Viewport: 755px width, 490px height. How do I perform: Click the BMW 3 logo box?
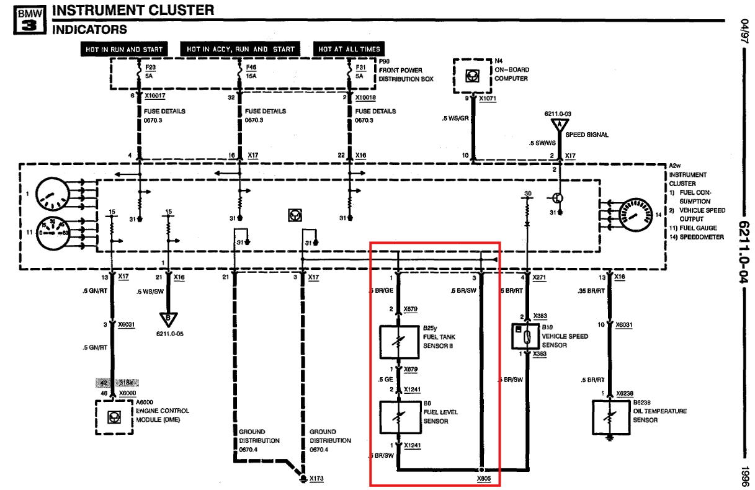[28, 20]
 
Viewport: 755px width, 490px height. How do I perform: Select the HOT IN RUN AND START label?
[123, 49]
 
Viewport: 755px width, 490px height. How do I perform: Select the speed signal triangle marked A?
[560, 125]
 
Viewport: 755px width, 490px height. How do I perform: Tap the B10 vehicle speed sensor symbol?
[525, 337]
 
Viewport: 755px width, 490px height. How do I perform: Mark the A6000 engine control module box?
[114, 417]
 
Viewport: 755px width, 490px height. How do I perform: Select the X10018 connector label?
[366, 97]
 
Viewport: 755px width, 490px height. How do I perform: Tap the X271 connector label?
[539, 277]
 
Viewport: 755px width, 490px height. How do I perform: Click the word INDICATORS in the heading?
[90, 30]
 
